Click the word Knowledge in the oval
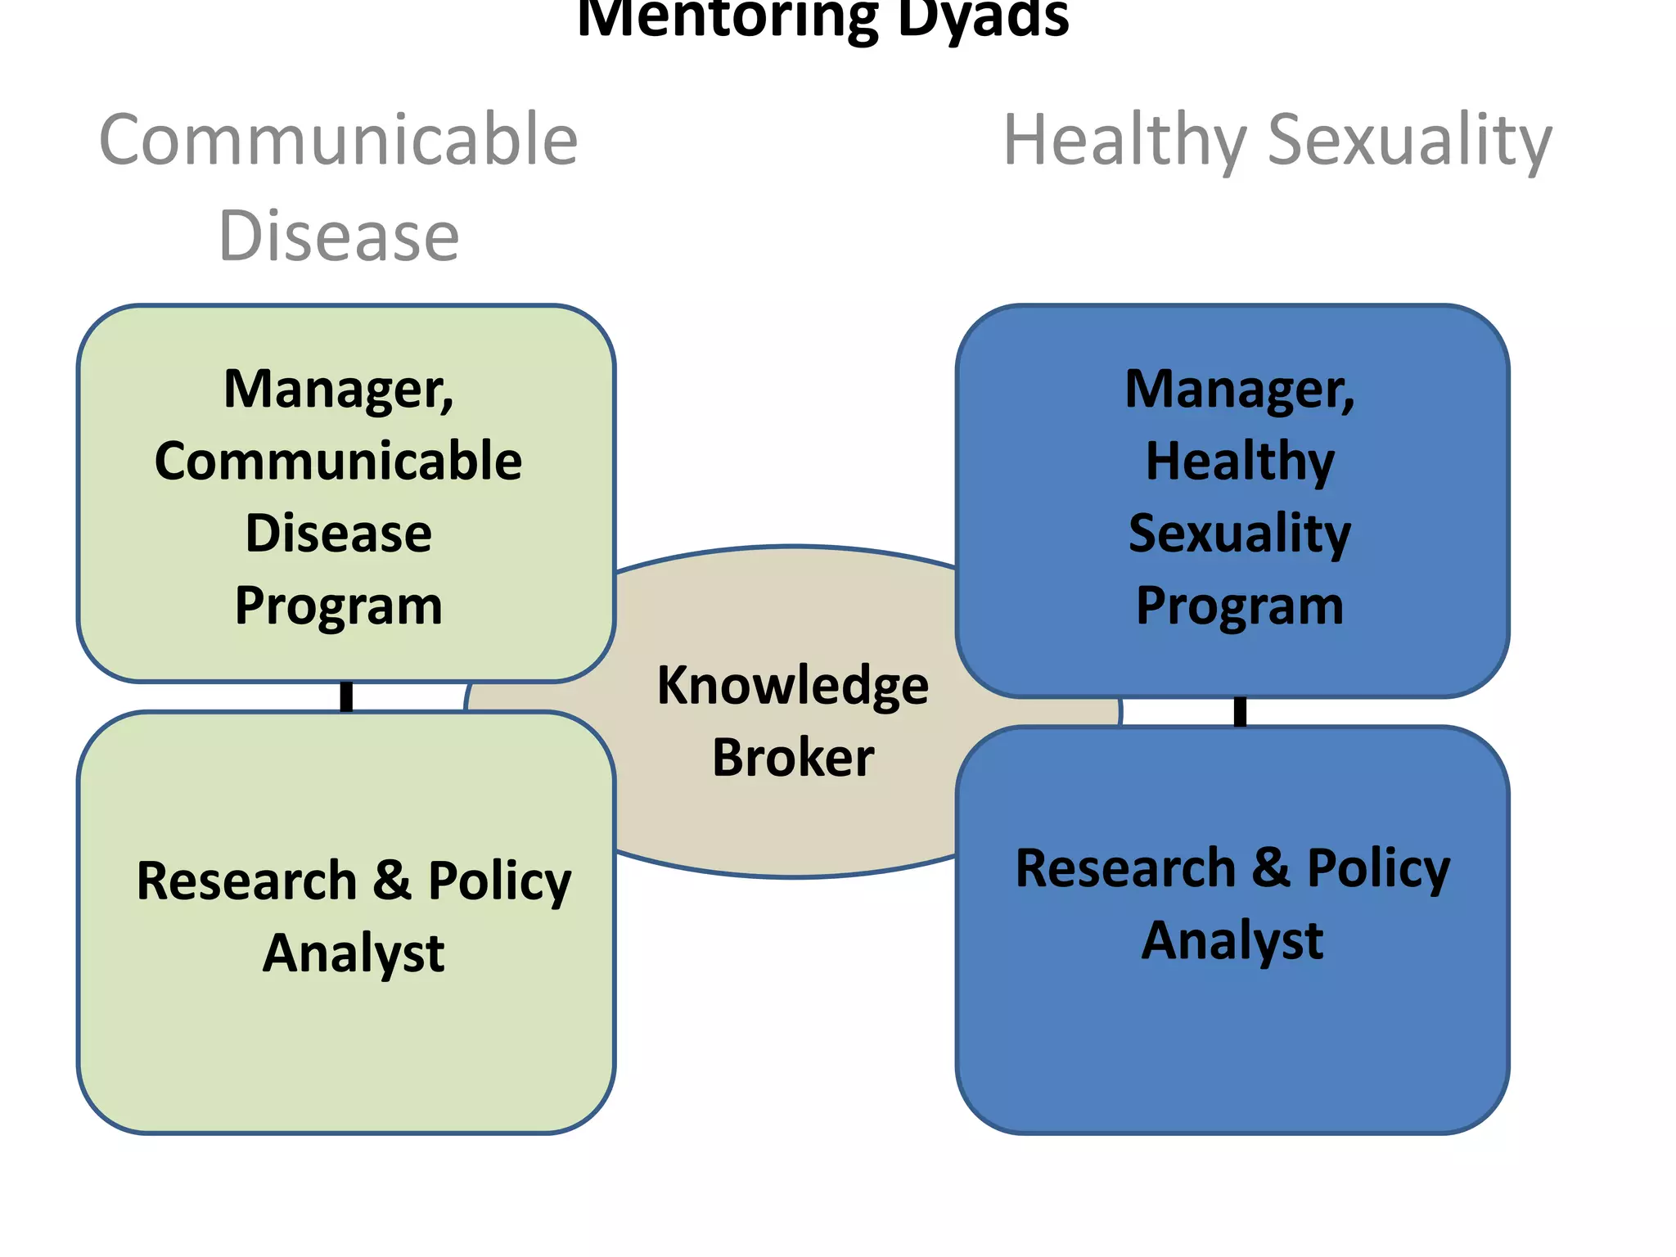[792, 686]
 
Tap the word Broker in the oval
[792, 757]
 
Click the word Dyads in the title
[982, 18]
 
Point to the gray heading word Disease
[338, 236]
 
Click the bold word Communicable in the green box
[338, 461]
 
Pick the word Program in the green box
[338, 606]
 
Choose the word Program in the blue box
[1239, 606]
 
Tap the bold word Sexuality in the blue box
[1239, 534]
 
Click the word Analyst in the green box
[353, 953]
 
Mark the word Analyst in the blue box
[1232, 940]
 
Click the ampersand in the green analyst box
[392, 881]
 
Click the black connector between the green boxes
[346, 696]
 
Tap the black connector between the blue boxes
[1240, 711]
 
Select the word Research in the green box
[246, 881]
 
